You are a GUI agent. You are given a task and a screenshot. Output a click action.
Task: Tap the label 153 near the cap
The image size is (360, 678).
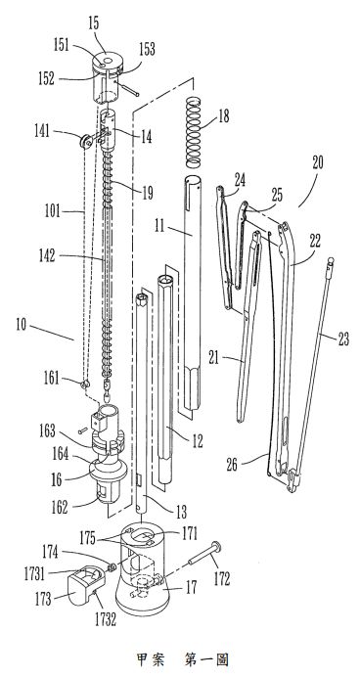pos(147,50)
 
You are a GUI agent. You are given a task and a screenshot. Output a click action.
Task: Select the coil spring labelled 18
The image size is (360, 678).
pos(194,133)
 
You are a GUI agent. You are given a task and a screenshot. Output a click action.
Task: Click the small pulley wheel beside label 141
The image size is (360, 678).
pos(85,142)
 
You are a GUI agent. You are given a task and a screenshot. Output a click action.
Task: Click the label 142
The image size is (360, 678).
pos(47,255)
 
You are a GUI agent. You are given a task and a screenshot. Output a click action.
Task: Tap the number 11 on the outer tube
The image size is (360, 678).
pos(159,226)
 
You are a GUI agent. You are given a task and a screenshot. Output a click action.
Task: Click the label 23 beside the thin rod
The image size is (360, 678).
pos(343,339)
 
